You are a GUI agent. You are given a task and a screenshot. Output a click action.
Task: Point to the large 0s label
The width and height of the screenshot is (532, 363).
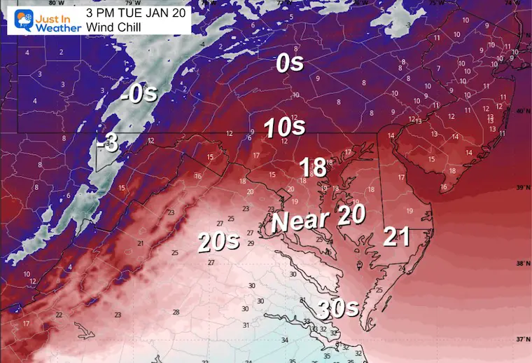pyautogui.click(x=289, y=64)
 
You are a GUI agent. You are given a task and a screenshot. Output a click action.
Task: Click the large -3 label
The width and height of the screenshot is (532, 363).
pyautogui.click(x=108, y=144)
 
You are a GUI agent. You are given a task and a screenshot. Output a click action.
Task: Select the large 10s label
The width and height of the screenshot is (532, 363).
pyautogui.click(x=284, y=128)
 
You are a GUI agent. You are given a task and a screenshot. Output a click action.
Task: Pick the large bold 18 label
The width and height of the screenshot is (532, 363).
pyautogui.click(x=313, y=167)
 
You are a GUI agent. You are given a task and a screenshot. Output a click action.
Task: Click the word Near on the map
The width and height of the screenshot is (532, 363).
pyautogui.click(x=300, y=221)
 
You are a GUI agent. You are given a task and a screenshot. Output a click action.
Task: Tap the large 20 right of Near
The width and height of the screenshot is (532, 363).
pyautogui.click(x=351, y=215)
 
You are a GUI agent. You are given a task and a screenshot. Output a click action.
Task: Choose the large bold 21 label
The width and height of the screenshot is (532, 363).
pyautogui.click(x=396, y=238)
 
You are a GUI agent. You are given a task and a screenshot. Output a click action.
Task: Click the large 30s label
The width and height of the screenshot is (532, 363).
pyautogui.click(x=339, y=308)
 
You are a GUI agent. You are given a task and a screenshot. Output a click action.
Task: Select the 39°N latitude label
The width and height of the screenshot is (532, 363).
pyautogui.click(x=521, y=188)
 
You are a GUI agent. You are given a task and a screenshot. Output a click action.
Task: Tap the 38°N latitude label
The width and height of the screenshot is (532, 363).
pyautogui.click(x=521, y=264)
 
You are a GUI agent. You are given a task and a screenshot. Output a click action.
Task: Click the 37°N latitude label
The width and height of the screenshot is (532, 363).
pyautogui.click(x=521, y=339)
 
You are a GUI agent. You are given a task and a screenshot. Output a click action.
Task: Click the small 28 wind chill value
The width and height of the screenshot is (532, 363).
pyautogui.click(x=176, y=312)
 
